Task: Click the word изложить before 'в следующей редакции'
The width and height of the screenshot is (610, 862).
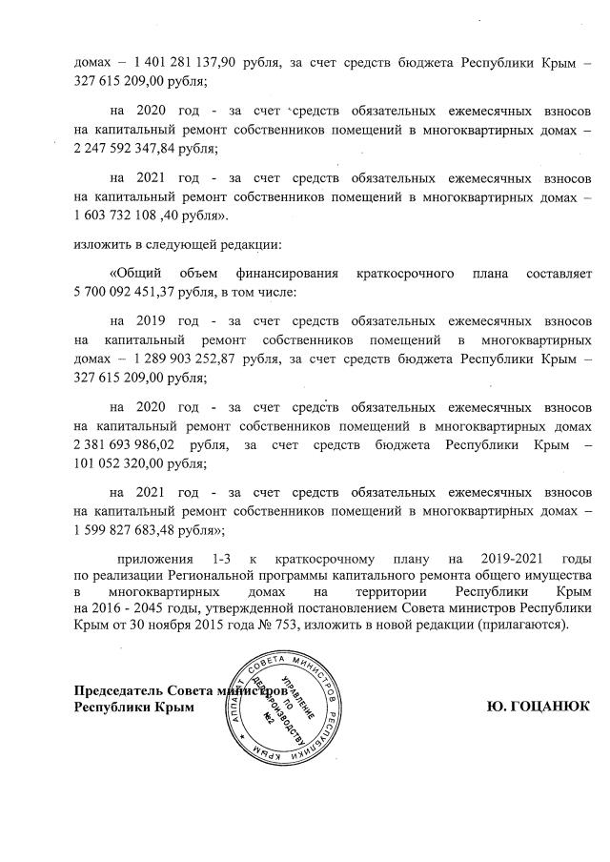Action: point(100,244)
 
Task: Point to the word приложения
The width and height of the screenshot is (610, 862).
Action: point(152,557)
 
